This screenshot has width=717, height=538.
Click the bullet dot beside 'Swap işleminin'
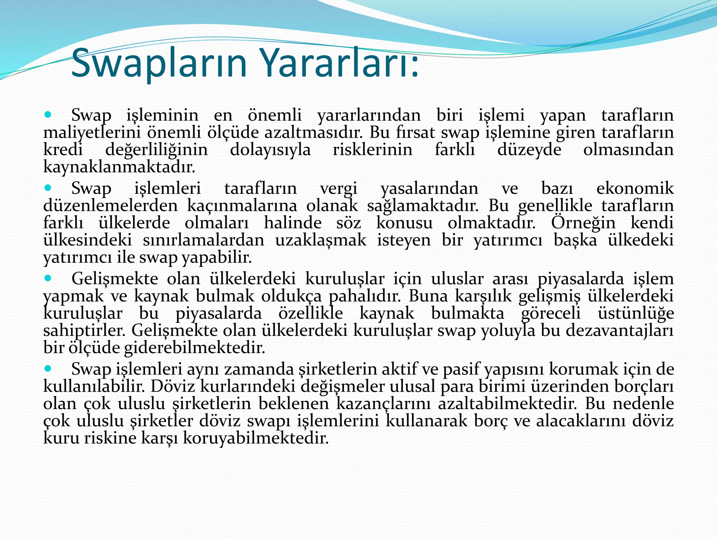pyautogui.click(x=48, y=115)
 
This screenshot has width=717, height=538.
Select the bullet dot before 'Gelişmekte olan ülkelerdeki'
pyautogui.click(x=48, y=278)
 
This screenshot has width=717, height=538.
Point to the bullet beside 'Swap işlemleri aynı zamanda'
pyautogui.click(x=48, y=368)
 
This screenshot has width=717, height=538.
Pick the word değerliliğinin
pyautogui.click(x=156, y=150)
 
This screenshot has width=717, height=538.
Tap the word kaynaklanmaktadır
pyautogui.click(x=119, y=167)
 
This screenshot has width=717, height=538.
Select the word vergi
pyautogui.click(x=339, y=188)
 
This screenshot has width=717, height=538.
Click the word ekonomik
pyautogui.click(x=635, y=188)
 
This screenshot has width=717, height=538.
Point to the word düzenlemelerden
pyautogui.click(x=111, y=206)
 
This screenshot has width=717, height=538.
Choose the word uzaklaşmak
pyautogui.click(x=321, y=240)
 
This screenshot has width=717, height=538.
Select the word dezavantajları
pyautogui.click(x=620, y=330)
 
